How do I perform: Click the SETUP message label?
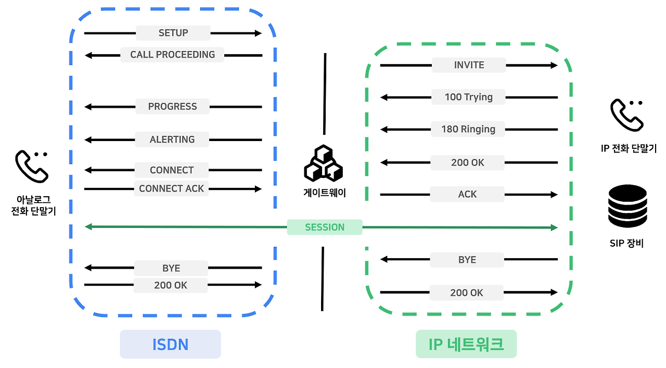173,33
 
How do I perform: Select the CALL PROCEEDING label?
172,55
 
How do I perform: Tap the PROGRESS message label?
172,107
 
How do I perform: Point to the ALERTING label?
172,139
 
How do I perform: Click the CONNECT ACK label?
172,188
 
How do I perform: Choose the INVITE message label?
469,65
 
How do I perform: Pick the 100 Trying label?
468,97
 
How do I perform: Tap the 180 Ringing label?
468,129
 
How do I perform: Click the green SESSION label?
325,227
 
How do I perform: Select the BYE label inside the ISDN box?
171,268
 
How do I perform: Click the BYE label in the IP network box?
467,260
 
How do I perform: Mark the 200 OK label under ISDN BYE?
171,285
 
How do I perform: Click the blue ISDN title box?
170,344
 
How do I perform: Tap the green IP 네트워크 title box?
466,344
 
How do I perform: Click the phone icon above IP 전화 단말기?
627,116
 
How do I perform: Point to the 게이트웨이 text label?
324,193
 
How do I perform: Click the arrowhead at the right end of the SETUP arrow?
258,33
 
